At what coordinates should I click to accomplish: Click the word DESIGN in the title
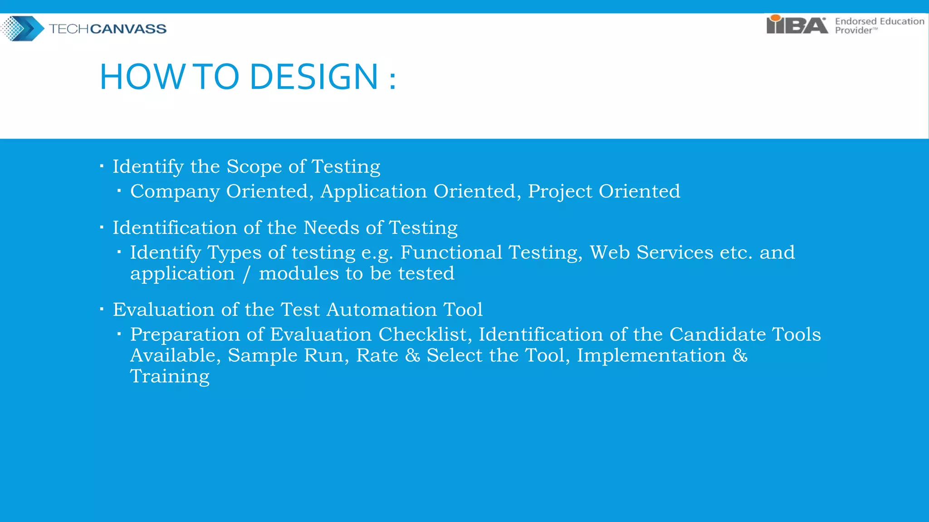[314, 77]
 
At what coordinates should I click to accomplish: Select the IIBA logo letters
[797, 25]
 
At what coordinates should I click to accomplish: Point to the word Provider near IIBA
[853, 30]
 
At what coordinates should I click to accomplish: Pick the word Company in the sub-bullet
[175, 192]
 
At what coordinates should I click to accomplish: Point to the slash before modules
[246, 274]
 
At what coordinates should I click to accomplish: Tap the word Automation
[381, 310]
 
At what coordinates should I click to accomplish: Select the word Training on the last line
[170, 377]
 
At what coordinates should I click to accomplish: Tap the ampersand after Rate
[412, 355]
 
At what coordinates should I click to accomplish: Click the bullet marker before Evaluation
[102, 309]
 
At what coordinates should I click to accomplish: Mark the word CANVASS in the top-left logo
[128, 29]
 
